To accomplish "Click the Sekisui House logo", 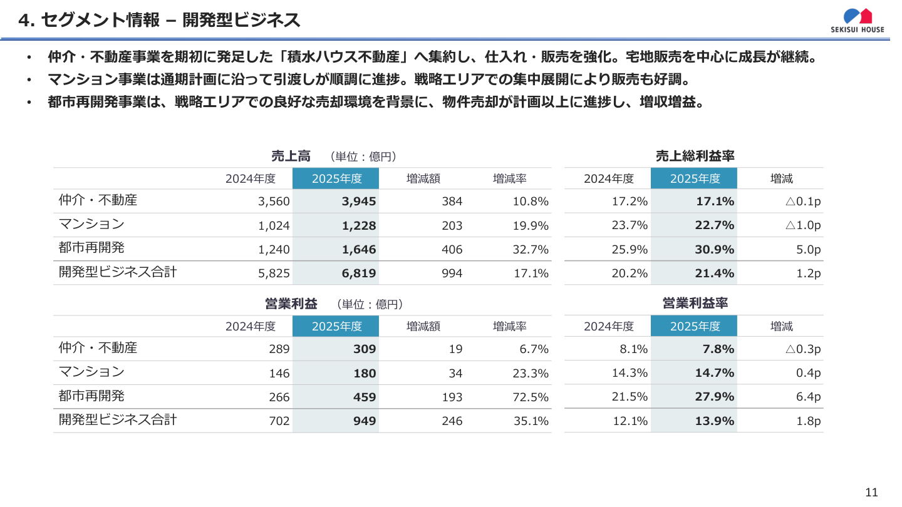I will coord(858,20).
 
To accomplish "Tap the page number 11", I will coord(871,492).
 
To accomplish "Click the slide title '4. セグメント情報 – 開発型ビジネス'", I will coord(160,21).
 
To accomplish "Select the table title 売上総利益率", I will coord(695,156).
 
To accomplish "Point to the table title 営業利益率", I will coord(695,304).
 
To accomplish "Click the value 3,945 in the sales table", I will coord(359,202).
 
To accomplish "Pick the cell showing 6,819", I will coord(359,274).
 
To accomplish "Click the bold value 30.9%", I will coord(714,250).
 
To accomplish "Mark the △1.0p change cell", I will coord(802,225).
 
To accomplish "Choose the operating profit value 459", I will coord(364,397).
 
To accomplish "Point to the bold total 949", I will coord(364,421).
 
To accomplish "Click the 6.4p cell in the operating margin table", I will coord(808,397).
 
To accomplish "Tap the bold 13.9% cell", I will coord(714,421).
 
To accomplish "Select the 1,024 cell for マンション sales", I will coord(274,226).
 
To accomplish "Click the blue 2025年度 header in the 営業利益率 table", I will coord(694,326).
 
